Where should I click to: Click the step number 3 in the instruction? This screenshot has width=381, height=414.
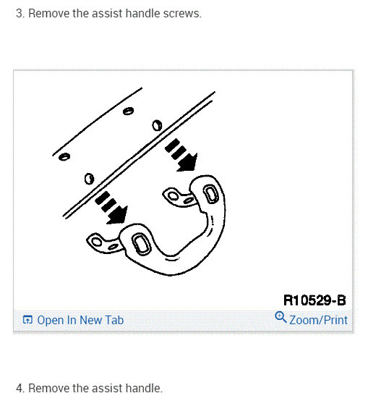20,14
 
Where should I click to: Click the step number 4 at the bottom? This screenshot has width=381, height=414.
20,389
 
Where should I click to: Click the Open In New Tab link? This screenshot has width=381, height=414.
80,320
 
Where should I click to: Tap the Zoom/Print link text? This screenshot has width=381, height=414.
318,320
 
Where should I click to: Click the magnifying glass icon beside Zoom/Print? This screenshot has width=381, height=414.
281,317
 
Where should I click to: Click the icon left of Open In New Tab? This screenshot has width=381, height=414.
27,320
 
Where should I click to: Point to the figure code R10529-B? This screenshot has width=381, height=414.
314,300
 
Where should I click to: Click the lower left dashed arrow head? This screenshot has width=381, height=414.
117,216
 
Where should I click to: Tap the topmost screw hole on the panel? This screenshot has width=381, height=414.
128,111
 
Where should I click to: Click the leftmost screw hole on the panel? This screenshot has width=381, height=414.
64,157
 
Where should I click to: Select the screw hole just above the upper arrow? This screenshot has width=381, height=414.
157,125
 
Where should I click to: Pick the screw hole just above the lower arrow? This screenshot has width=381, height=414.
89,179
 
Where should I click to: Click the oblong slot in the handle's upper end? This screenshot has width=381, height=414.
210,194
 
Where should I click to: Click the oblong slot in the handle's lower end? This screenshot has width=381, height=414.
141,244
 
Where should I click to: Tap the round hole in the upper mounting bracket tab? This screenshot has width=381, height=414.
174,196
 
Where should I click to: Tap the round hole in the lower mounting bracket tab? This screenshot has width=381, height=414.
96,242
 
